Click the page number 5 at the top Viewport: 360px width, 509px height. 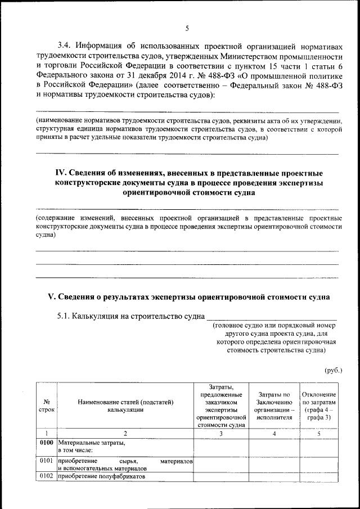(187, 29)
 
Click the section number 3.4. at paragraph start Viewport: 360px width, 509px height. (67, 46)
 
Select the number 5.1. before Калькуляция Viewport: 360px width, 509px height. (66, 316)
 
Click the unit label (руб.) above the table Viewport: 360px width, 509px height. (333, 370)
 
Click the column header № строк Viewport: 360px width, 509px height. (47, 406)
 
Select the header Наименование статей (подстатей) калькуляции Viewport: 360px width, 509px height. (125, 406)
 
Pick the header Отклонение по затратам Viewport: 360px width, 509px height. (319, 406)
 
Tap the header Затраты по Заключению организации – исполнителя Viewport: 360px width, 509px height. (274, 406)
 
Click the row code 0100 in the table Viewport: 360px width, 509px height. (47, 442)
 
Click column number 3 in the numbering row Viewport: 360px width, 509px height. (222, 433)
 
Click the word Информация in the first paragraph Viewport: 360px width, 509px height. (106, 46)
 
